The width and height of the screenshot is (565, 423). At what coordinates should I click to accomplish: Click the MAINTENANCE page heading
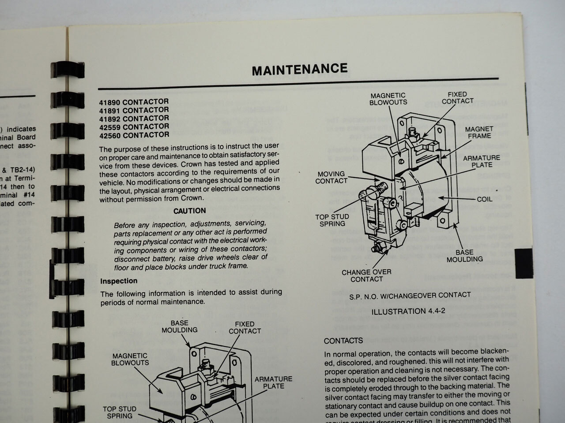click(300, 69)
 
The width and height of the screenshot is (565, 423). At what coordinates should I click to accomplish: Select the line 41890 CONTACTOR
click(133, 102)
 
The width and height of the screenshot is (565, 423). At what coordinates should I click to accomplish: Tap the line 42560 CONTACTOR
click(134, 135)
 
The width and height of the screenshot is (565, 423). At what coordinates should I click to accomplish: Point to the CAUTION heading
click(189, 211)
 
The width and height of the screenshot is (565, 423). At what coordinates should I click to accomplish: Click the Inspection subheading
click(119, 281)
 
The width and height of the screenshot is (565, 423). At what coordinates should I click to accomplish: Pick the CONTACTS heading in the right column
click(343, 341)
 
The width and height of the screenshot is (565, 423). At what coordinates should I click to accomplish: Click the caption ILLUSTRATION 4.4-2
click(408, 311)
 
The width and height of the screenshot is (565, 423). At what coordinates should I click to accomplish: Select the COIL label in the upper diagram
click(484, 199)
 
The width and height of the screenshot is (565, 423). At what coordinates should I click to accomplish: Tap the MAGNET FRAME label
click(479, 132)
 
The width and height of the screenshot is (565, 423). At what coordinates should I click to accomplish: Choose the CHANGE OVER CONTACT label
click(366, 275)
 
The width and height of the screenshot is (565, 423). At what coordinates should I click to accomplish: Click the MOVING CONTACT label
click(331, 177)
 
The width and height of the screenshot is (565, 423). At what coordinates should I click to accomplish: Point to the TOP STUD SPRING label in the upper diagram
click(332, 220)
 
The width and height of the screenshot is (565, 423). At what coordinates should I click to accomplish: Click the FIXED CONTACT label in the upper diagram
click(457, 97)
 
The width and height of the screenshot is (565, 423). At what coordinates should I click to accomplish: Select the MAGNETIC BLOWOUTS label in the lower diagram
click(130, 359)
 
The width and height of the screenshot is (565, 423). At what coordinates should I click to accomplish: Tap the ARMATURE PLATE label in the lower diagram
click(273, 382)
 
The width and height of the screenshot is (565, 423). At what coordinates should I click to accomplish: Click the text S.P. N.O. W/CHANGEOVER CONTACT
click(410, 295)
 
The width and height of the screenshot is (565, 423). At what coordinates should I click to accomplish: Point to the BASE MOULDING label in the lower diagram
click(179, 326)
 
